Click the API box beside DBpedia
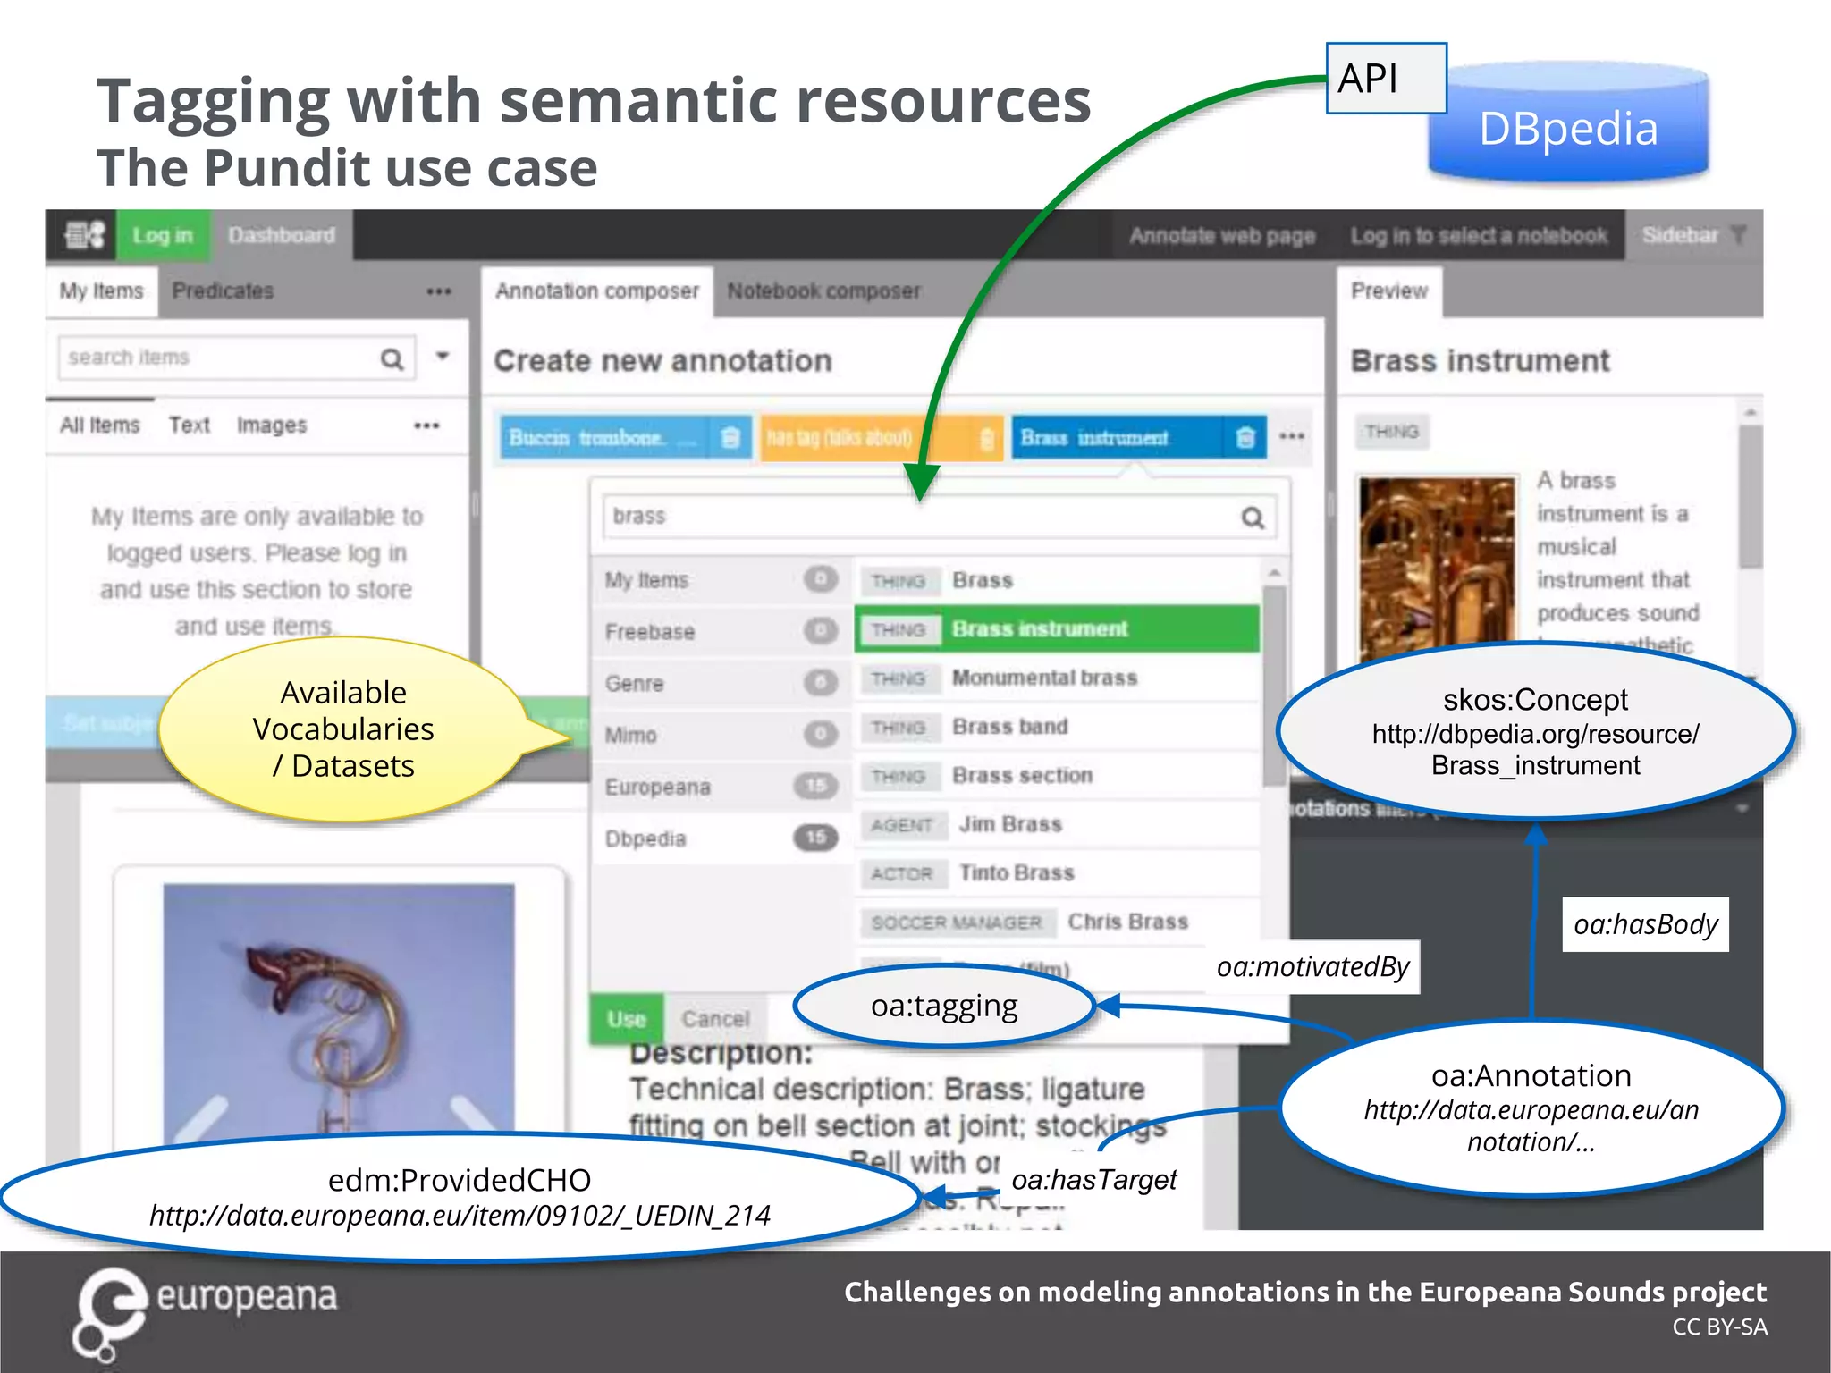[1385, 79]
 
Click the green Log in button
[163, 235]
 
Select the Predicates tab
[223, 291]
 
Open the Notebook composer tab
[823, 291]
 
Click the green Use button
[626, 1019]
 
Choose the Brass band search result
[1010, 727]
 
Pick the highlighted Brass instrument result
[1040, 629]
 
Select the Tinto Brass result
[1017, 872]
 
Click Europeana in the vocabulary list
[658, 787]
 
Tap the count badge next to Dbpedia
[815, 838]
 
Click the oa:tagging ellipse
[944, 1007]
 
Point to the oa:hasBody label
[1645, 924]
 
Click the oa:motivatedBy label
[1312, 966]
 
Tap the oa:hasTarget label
[1093, 1180]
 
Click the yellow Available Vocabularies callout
[344, 729]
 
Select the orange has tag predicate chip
[840, 437]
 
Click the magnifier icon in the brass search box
[1253, 518]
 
